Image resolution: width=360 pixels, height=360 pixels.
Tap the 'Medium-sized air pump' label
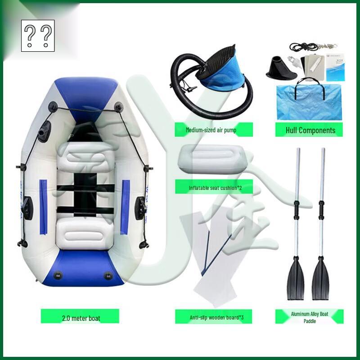(x=214, y=130)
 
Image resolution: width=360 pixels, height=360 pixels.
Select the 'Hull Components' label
(x=310, y=130)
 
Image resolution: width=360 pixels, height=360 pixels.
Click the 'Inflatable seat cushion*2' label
(x=214, y=187)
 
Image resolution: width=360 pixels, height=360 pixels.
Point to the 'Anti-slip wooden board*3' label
(x=214, y=316)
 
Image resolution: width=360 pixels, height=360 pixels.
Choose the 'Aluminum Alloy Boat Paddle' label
(x=310, y=316)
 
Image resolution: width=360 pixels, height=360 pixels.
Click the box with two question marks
(x=38, y=36)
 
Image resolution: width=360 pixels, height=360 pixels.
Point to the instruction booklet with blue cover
(x=335, y=67)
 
